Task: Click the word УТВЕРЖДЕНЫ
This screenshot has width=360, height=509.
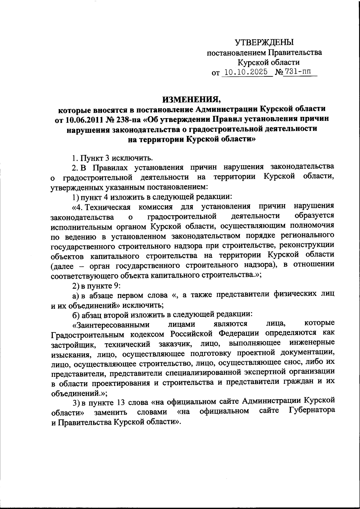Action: [x=264, y=42]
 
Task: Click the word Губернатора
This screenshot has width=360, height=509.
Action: [x=312, y=410]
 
